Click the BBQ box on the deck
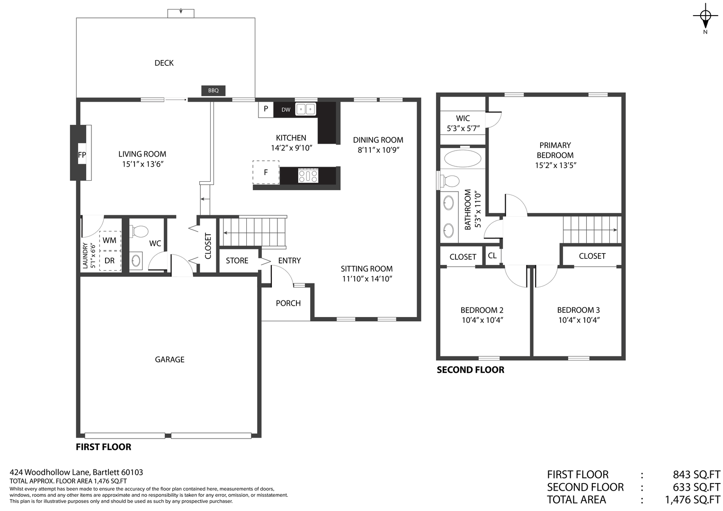tap(213, 90)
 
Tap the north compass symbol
tap(705, 17)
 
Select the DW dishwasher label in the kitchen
tap(286, 110)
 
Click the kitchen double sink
tap(305, 109)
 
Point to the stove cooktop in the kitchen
tap(308, 176)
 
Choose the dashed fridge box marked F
tap(266, 172)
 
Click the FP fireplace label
tap(82, 155)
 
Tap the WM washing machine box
tap(110, 240)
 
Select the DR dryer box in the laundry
tap(110, 261)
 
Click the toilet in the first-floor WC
tap(139, 232)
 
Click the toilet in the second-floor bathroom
tap(450, 181)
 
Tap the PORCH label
tap(288, 303)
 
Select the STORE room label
tap(237, 261)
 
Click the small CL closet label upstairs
tap(492, 255)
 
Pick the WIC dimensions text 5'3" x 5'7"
tap(463, 128)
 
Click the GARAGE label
tap(170, 360)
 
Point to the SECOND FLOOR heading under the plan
tap(470, 370)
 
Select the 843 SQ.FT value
tap(696, 475)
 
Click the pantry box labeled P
tap(266, 109)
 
